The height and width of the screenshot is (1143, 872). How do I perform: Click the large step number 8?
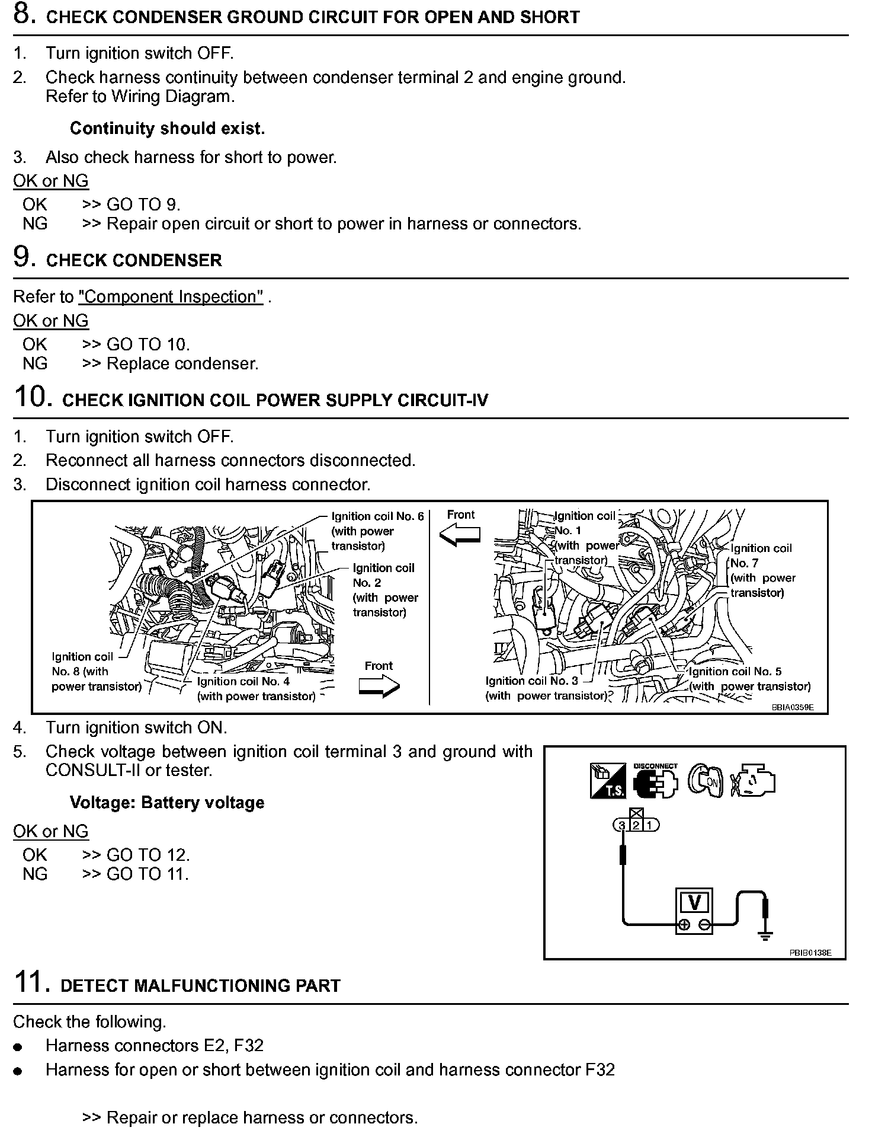[23, 15]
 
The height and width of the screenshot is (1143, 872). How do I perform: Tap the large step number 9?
[23, 258]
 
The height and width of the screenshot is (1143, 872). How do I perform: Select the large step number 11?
[30, 983]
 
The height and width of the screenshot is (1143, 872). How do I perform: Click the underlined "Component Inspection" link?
[171, 296]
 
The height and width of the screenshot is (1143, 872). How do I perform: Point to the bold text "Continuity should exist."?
[167, 128]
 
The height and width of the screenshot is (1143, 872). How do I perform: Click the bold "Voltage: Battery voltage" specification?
[167, 803]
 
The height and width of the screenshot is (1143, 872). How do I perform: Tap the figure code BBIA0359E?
[792, 707]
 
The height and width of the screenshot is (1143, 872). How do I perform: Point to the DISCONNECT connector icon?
[655, 781]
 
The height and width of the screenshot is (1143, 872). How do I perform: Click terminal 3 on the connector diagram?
[622, 825]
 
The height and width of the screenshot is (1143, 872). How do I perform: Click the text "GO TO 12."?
[148, 854]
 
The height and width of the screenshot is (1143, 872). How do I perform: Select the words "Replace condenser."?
[182, 363]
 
